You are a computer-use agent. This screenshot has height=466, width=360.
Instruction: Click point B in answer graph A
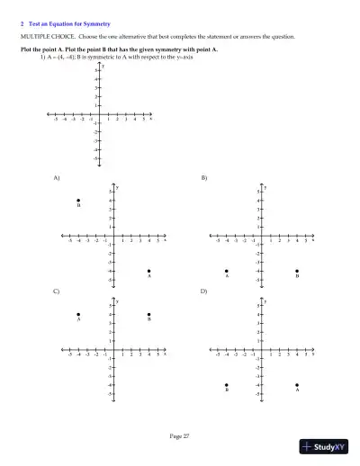click(x=78, y=201)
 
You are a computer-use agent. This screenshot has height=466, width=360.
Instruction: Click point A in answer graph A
click(x=149, y=271)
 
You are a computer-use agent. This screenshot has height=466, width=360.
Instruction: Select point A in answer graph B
click(x=227, y=271)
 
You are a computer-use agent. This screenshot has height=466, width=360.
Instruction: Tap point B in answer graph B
click(x=297, y=271)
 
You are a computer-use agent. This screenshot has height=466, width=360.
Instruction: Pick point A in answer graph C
click(x=78, y=314)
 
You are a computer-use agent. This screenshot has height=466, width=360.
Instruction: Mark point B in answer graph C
click(x=149, y=314)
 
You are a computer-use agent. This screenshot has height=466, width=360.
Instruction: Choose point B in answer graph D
click(x=227, y=385)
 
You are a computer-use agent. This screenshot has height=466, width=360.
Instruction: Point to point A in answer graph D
click(x=297, y=385)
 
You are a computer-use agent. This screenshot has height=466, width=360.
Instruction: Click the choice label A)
click(x=57, y=178)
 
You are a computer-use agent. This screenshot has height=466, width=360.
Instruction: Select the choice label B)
click(x=203, y=178)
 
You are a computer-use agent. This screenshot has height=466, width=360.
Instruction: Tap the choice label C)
click(x=57, y=291)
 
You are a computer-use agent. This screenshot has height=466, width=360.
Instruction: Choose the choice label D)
click(x=203, y=291)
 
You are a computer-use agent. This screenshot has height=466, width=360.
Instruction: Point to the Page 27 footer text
click(x=180, y=435)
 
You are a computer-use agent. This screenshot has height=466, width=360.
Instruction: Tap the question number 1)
click(x=42, y=57)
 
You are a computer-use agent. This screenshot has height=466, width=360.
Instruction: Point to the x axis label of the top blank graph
click(x=150, y=118)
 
